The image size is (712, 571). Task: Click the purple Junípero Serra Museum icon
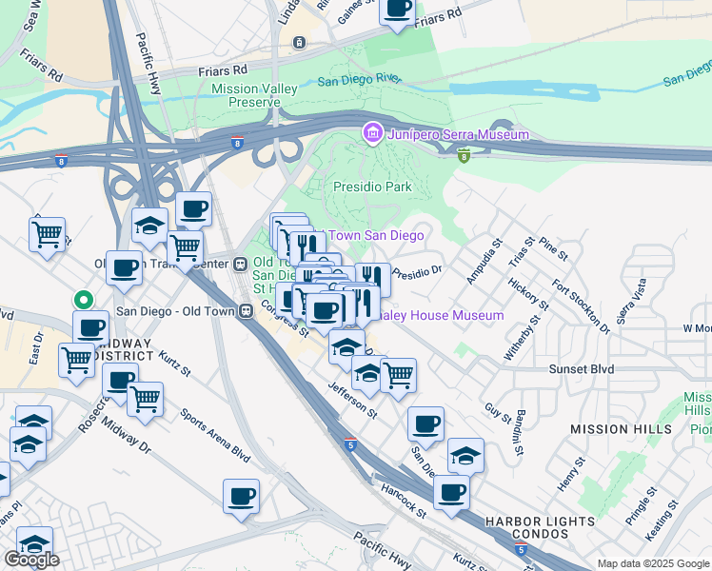point(372,134)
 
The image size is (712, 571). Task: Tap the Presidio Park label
point(371,187)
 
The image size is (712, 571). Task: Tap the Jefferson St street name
point(352,402)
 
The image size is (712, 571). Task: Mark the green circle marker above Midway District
point(84,300)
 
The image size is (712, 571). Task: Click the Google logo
point(31,560)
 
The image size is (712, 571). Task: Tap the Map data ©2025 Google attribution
point(652,563)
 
